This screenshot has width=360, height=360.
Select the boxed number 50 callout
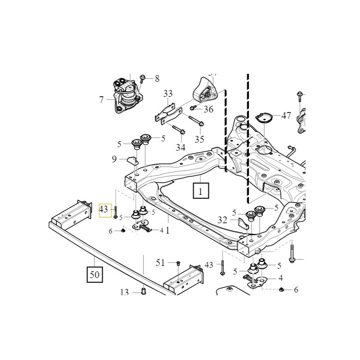coord(94,274)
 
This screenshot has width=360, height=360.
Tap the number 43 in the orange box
coord(104,210)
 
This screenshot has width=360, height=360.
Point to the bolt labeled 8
coord(143,79)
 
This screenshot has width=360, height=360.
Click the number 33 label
coord(168,94)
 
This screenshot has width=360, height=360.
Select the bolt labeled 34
coord(178,131)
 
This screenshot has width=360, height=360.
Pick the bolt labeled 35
coord(195,120)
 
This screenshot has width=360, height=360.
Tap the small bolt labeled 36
coord(193,108)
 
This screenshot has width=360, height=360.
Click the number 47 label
coord(286,116)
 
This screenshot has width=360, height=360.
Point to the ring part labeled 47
coord(264,118)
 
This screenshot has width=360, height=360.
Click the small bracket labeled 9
coord(131,159)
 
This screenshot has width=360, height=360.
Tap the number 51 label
coord(160,262)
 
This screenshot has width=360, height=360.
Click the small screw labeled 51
coord(178,263)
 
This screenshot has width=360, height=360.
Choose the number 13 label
coord(125,292)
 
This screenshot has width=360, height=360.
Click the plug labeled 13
coord(143,290)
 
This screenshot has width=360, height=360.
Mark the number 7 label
coord(101,100)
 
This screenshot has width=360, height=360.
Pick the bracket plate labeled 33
coord(166,113)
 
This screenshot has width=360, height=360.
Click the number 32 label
coord(222,220)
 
